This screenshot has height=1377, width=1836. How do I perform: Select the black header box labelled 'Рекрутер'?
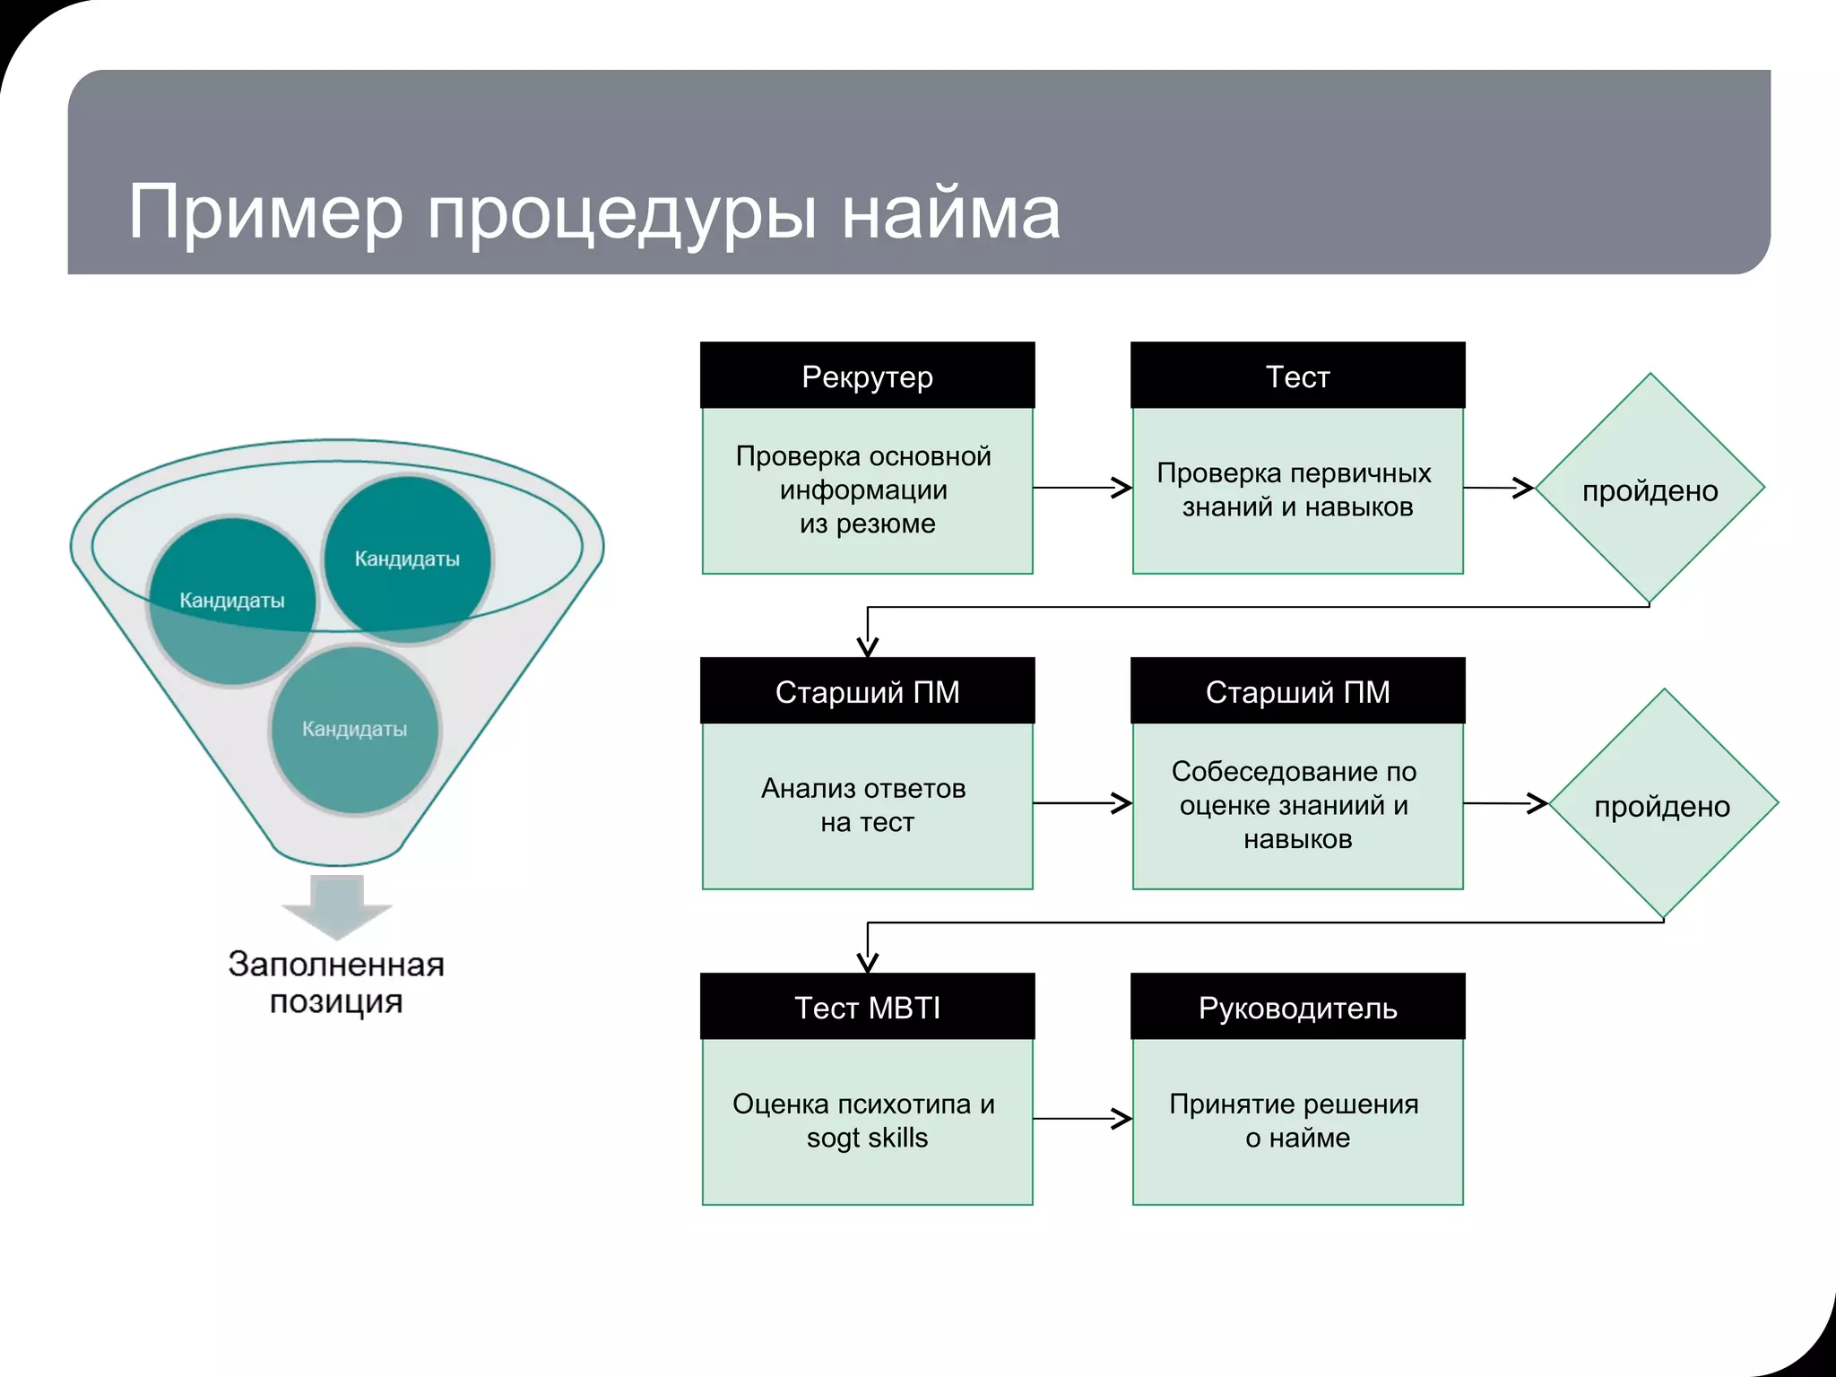[867, 377]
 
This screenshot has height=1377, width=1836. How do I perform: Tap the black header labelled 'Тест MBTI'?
[867, 1008]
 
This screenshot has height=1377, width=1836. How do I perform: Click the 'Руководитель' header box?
[1297, 1008]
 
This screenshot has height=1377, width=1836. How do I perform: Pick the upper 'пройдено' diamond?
[1650, 489]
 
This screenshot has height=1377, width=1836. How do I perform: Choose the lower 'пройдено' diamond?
[1663, 805]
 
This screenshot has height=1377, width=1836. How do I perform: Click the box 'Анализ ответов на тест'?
[867, 805]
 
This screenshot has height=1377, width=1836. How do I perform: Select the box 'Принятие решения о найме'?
[1297, 1121]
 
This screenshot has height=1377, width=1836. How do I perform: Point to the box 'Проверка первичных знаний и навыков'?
[1297, 489]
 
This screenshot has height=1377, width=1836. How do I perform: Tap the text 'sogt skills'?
[867, 1138]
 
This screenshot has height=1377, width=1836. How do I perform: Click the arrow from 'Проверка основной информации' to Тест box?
[1081, 488]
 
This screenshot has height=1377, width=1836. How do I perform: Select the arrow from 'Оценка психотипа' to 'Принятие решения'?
[1081, 1119]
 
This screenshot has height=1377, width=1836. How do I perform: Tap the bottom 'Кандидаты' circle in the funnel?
[355, 730]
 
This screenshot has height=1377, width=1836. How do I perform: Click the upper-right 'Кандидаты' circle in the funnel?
[407, 558]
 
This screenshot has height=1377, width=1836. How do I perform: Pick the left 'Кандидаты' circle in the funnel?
[232, 601]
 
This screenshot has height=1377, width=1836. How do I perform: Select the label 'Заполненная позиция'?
[336, 983]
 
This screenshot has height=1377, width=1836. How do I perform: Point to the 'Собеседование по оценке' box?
[1297, 805]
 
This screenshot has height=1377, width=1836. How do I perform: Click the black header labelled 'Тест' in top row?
[1297, 377]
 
